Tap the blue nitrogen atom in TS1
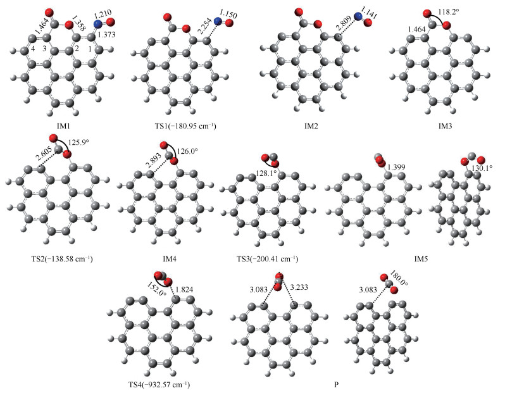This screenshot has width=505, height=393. (x=218, y=23)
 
